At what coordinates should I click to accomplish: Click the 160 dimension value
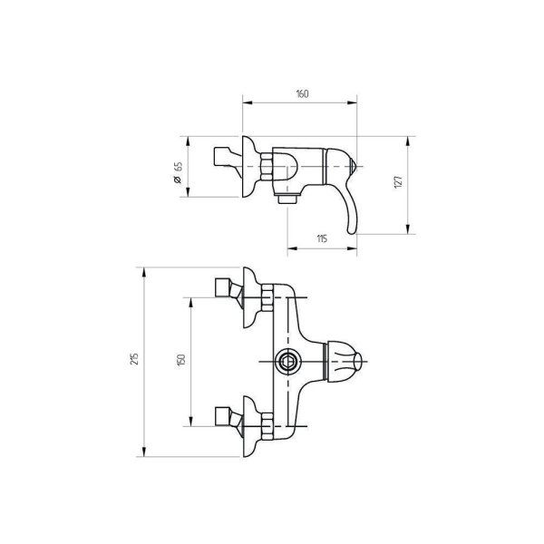pyautogui.click(x=302, y=94)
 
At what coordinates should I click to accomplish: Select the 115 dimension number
pyautogui.click(x=322, y=238)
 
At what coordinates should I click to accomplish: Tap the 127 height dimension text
pyautogui.click(x=399, y=182)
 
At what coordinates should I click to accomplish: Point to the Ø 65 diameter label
pyautogui.click(x=178, y=172)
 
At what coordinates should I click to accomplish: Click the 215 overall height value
pyautogui.click(x=135, y=358)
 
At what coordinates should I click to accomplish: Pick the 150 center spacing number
pyautogui.click(x=181, y=360)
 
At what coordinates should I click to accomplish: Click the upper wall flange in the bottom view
pyautogui.click(x=250, y=297)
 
